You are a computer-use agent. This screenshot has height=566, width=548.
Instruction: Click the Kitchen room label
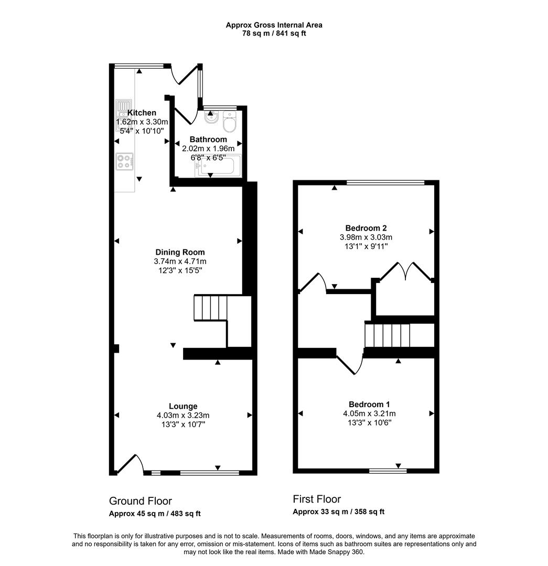click(142, 113)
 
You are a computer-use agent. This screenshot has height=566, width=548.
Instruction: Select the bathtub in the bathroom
click(218, 167)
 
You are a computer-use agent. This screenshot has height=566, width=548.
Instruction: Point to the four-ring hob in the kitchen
click(124, 161)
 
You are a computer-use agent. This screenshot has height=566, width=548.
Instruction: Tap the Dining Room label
click(180, 252)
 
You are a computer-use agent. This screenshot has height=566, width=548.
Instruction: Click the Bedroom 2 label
click(366, 228)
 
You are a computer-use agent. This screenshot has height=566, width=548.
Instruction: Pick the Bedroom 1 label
click(369, 404)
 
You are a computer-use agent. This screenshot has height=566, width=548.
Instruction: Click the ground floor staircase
click(211, 308)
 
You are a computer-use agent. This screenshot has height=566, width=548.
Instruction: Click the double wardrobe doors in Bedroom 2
click(405, 271)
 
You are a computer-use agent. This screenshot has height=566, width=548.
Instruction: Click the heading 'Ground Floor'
click(140, 501)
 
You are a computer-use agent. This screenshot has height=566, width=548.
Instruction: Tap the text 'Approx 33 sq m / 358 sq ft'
click(338, 512)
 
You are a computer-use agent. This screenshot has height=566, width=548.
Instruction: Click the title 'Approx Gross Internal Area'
click(274, 25)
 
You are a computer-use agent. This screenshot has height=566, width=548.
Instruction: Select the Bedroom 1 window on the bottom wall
click(388, 471)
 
